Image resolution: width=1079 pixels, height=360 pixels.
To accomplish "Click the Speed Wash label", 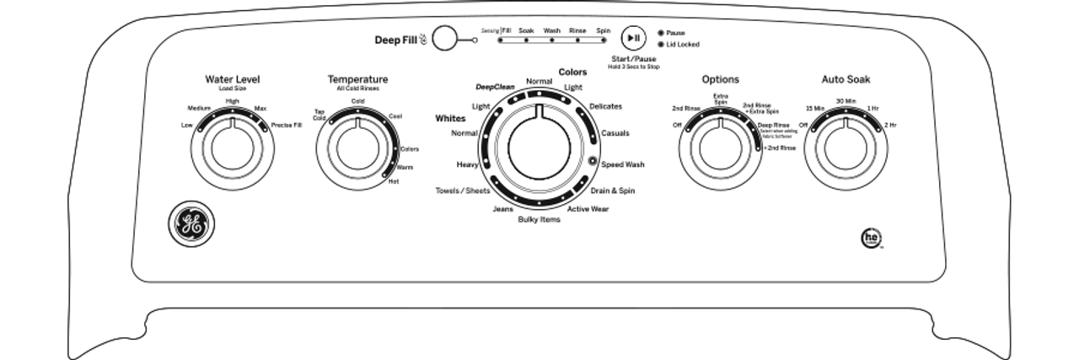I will pyautogui.click(x=623, y=164).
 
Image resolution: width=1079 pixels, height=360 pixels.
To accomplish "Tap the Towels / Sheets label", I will pyautogui.click(x=462, y=191).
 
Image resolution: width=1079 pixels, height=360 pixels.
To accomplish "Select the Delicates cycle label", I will pyautogui.click(x=606, y=106).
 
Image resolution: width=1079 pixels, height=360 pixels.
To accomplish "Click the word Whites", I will pyautogui.click(x=450, y=119).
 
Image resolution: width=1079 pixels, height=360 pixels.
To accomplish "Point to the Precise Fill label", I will pyautogui.click(x=286, y=125).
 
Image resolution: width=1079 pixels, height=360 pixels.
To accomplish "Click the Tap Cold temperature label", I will pyautogui.click(x=319, y=115).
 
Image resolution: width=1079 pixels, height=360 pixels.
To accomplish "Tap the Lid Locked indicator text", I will pyautogui.click(x=682, y=44).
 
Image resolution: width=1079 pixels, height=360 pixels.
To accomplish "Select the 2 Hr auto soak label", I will pyautogui.click(x=890, y=125).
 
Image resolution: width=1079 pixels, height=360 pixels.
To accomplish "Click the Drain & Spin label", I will pyautogui.click(x=613, y=191).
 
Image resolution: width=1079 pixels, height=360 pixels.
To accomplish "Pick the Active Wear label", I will pyautogui.click(x=588, y=208).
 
